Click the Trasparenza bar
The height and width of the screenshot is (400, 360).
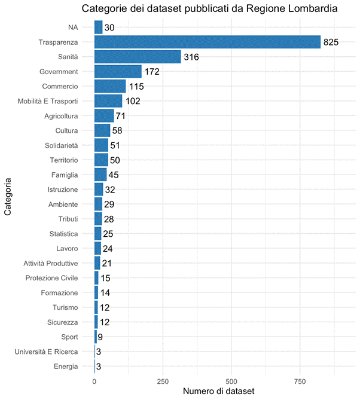207,42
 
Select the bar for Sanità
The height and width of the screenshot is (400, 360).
138,57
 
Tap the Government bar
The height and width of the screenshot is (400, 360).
118,72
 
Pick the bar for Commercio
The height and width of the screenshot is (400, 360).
110,86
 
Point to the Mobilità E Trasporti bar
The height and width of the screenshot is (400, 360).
108,101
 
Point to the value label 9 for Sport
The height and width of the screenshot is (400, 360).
100,337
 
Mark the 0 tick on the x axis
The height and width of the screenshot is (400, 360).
94,381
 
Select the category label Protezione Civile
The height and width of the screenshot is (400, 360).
51,278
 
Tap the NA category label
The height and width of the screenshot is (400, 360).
73,28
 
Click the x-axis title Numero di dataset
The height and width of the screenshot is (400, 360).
218,391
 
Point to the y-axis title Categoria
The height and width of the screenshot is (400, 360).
8,195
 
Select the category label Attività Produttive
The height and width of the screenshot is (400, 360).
51,263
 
